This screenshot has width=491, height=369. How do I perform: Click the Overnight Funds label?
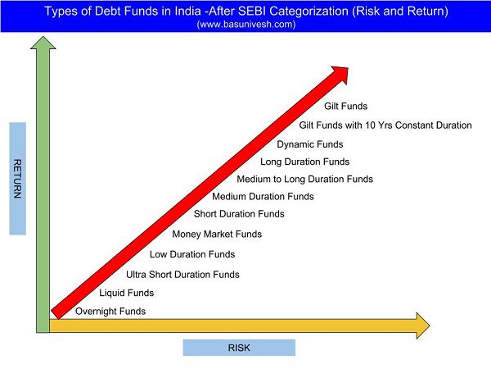110,312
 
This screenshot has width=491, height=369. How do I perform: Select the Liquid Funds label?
127,293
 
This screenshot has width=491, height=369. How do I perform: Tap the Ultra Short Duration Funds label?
182,275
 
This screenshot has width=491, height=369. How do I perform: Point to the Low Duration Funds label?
192,254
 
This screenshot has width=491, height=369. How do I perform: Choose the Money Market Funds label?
217,234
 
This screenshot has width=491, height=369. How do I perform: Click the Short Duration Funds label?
239,214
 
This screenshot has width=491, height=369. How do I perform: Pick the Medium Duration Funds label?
263,197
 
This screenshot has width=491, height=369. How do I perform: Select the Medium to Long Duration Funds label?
305,179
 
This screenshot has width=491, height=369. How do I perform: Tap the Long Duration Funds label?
305,162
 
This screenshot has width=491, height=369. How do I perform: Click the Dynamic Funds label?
310,144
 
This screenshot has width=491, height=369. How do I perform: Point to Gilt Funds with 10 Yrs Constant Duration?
385,125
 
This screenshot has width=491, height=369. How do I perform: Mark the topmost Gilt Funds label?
345,106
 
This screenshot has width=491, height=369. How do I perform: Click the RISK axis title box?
239,348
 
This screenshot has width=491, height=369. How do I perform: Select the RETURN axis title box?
17,179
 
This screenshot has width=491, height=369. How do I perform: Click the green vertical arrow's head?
43,43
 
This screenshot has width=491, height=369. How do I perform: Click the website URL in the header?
246,25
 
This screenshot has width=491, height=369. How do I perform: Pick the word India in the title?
187,11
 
